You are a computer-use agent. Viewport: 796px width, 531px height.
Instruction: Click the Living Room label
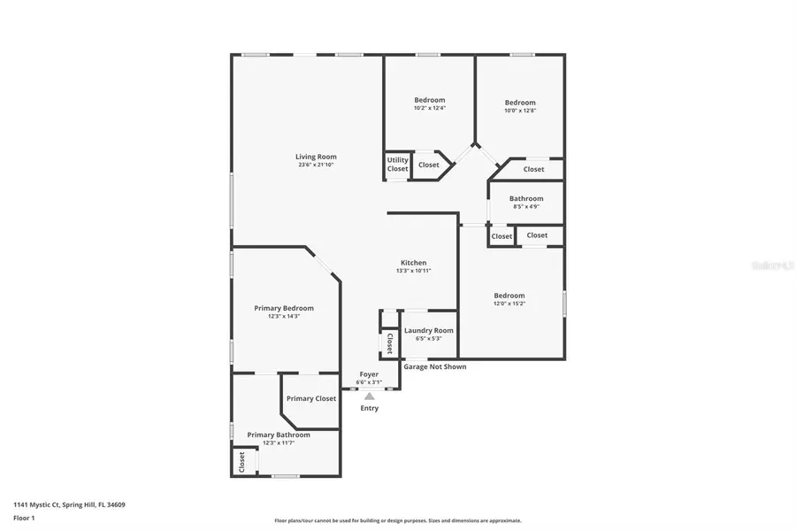tap(315, 157)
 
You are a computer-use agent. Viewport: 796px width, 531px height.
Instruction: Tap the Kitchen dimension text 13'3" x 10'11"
tap(413, 271)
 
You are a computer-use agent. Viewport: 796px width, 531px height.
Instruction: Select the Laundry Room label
tap(428, 330)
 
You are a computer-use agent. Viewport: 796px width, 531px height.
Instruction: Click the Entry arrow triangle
tap(369, 396)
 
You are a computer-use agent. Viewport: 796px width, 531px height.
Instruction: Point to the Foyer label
tap(369, 374)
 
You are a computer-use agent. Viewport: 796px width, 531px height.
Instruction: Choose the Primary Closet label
tap(310, 398)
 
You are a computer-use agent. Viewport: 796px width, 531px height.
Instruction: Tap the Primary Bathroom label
tap(279, 435)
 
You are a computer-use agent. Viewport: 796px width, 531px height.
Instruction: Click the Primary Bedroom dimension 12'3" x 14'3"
tap(284, 316)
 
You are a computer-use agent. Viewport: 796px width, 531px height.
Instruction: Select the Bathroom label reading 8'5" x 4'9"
tap(526, 199)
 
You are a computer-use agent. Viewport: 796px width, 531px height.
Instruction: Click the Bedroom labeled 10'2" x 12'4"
tap(430, 100)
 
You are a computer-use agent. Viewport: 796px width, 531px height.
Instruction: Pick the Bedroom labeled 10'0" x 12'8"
tap(520, 103)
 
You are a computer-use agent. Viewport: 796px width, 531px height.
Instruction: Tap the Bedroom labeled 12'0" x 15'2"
tap(509, 296)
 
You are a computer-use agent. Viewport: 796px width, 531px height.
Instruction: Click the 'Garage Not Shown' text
tap(435, 366)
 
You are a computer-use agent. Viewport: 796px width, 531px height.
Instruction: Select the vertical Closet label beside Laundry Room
tap(388, 342)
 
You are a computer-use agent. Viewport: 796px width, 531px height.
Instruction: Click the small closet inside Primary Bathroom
tap(240, 462)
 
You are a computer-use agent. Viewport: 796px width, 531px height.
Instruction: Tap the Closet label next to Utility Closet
tap(429, 165)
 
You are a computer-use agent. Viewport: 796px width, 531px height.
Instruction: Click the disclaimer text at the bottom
tap(398, 520)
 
